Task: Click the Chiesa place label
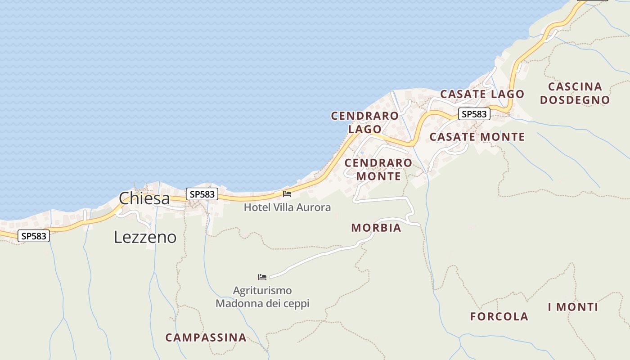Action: (144, 198)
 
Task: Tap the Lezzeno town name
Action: (145, 237)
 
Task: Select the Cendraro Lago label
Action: (364, 122)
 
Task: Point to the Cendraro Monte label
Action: (378, 169)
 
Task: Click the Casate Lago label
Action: (482, 94)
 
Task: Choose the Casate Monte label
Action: (477, 137)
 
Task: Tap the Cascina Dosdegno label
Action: (575, 93)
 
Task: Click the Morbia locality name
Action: (376, 228)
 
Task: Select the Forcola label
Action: (499, 316)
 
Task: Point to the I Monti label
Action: (573, 307)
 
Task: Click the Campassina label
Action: (206, 337)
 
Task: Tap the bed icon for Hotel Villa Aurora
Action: (287, 194)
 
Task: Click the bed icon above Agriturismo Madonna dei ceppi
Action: (262, 277)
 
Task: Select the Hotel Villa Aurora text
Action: (287, 207)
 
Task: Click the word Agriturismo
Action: (262, 291)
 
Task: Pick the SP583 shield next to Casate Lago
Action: (474, 114)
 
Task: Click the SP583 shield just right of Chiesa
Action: (202, 194)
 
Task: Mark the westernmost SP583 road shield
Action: (34, 236)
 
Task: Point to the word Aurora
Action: (315, 207)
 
